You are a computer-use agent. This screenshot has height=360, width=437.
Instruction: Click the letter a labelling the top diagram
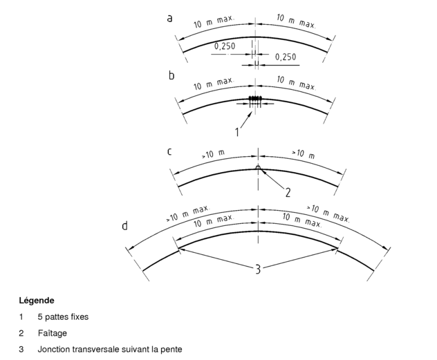tap(169, 19)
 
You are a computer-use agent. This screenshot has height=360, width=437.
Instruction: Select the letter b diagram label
tap(171, 75)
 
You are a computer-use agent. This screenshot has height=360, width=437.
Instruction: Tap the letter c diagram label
tap(169, 152)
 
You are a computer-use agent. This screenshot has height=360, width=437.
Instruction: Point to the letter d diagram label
tap(125, 225)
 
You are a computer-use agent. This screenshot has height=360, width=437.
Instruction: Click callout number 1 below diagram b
tap(237, 132)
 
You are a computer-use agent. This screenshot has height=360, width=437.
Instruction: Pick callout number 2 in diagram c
tap(288, 193)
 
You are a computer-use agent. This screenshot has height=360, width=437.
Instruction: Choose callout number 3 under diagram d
tap(258, 269)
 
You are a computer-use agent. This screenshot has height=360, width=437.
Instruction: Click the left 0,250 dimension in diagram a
tap(225, 46)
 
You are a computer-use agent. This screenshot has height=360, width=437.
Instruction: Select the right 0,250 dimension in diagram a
tap(286, 57)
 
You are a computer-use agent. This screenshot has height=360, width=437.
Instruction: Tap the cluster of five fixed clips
tap(255, 98)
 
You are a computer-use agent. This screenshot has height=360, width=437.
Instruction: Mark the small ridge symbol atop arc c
tap(258, 168)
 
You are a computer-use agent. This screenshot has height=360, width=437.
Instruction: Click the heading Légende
tap(37, 301)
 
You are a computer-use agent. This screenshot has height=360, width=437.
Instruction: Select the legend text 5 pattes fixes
tap(63, 317)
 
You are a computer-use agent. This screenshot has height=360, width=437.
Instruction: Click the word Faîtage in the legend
tap(53, 333)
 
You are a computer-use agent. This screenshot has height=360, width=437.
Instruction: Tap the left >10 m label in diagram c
tap(213, 154)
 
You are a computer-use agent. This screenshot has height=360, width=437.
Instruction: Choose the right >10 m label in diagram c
tap(304, 154)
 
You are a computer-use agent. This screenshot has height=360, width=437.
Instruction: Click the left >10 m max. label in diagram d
tap(188, 214)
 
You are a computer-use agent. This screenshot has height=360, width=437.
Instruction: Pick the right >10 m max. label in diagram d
tap(328, 214)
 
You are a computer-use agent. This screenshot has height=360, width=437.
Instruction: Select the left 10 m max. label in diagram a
tap(214, 21)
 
